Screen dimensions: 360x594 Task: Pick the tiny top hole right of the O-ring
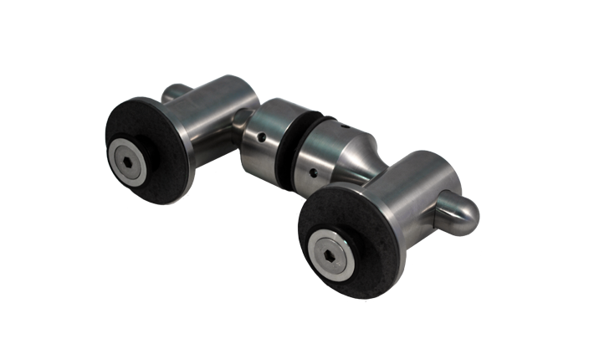[x=342, y=125]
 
